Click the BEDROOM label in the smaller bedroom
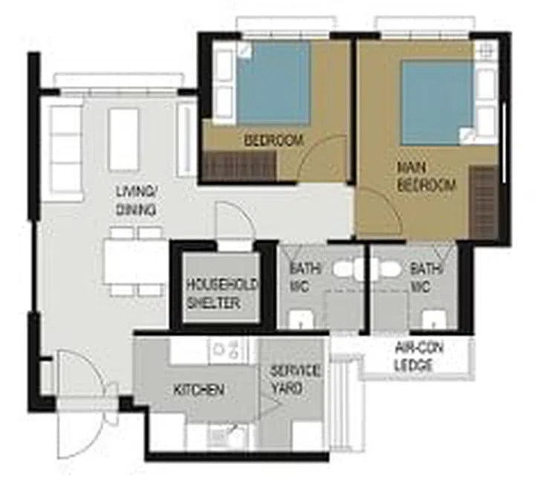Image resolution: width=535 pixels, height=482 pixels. point(273,140)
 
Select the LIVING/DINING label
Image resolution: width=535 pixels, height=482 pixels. point(135,201)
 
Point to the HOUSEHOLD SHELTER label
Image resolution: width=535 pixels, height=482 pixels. point(213,293)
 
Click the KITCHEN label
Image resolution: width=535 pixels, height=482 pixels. point(198,390)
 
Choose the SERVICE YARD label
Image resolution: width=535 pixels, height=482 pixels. point(294,379)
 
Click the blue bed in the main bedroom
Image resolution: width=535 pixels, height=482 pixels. point(436,102)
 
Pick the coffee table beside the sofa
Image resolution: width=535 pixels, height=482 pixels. point(123,140)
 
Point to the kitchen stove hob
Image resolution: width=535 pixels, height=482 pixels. point(227,349)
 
